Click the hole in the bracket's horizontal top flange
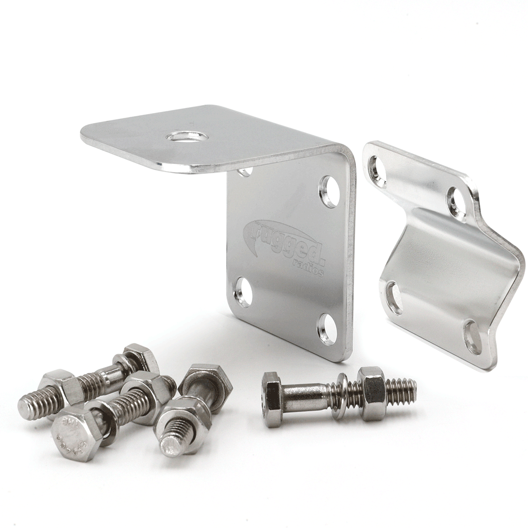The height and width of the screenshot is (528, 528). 187,136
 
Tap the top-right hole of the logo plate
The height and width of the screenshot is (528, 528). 330,191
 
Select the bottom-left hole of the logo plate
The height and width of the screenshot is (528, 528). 243,291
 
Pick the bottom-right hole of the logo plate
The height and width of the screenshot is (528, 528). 327,329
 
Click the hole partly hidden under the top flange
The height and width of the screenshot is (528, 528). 244,172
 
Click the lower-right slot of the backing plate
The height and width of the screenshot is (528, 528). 473,337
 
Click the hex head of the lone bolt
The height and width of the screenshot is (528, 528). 272,399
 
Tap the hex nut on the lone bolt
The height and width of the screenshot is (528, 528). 372,393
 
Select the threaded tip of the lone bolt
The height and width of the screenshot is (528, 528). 404,391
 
